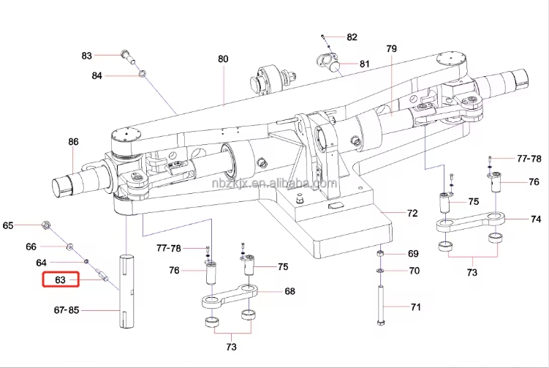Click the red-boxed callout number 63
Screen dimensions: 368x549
click(x=61, y=279)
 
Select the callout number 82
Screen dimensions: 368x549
click(x=352, y=37)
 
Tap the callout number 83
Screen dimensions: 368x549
click(x=87, y=56)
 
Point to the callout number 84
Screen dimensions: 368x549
click(x=97, y=75)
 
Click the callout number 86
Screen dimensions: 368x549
click(x=73, y=142)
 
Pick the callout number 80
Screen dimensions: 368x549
click(x=223, y=59)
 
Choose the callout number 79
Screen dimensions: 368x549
click(x=391, y=49)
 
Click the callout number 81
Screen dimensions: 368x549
click(x=364, y=64)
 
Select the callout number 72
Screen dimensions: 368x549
click(x=412, y=214)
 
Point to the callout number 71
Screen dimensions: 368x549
click(x=415, y=307)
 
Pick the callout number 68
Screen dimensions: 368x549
click(x=289, y=291)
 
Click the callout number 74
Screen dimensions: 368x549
click(x=536, y=219)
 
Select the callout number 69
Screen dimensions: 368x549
click(x=413, y=254)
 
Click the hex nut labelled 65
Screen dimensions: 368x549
click(x=46, y=225)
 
